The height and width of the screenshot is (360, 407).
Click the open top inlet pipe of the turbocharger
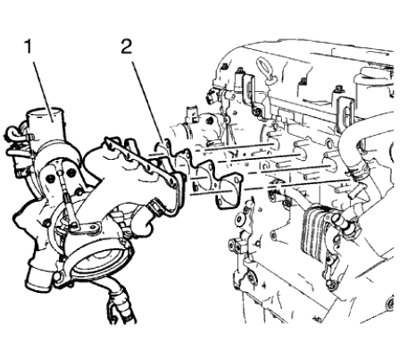click(x=47, y=119)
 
